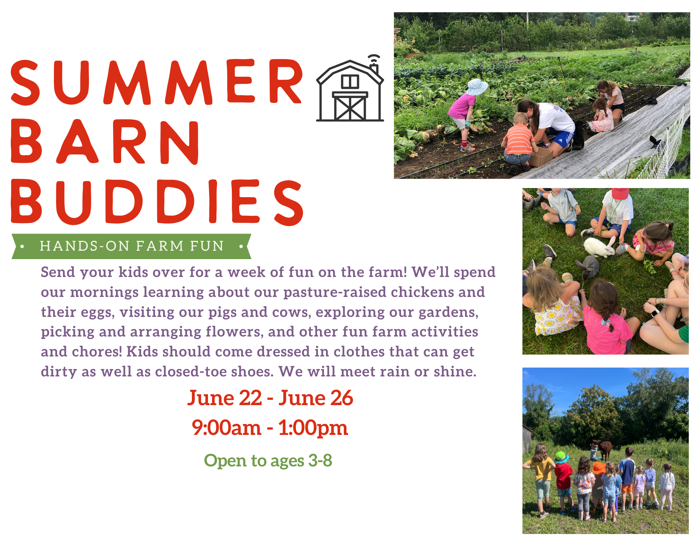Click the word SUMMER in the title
[x=157, y=82]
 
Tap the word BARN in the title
[x=105, y=142]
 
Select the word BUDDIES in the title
[x=157, y=202]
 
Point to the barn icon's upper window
[x=350, y=82]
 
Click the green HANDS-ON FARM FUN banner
[x=131, y=246]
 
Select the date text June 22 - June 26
[x=270, y=398]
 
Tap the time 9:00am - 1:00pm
[x=270, y=428]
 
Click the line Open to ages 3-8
[x=268, y=460]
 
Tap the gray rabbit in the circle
[x=588, y=267]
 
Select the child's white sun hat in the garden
[x=477, y=86]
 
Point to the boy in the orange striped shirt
[x=518, y=140]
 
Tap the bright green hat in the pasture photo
[x=561, y=457]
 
